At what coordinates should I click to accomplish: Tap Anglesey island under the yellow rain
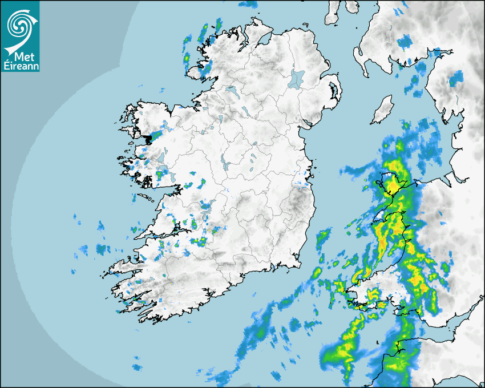tap(390, 183)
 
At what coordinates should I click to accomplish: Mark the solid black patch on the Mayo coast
tap(151, 138)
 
